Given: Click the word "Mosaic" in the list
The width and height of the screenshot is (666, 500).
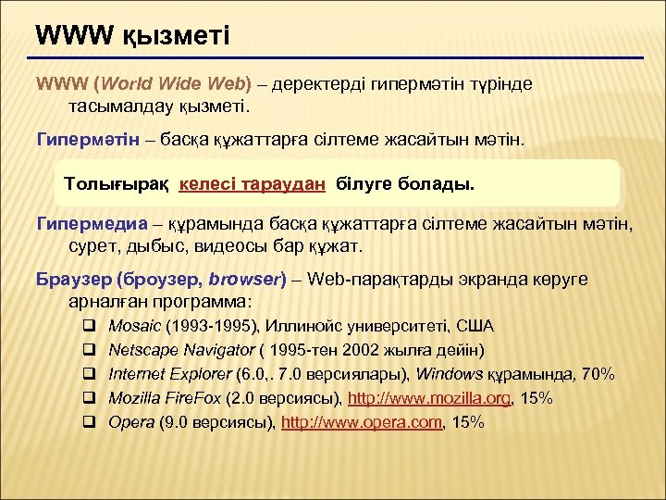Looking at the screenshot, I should [133, 326].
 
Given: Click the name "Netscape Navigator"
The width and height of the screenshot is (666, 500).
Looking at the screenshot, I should [181, 350].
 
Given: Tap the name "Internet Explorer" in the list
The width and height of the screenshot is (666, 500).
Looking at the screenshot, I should [167, 374].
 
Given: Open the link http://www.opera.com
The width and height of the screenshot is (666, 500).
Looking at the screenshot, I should [362, 422].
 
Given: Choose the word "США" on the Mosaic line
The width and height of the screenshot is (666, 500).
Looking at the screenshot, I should [476, 326].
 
